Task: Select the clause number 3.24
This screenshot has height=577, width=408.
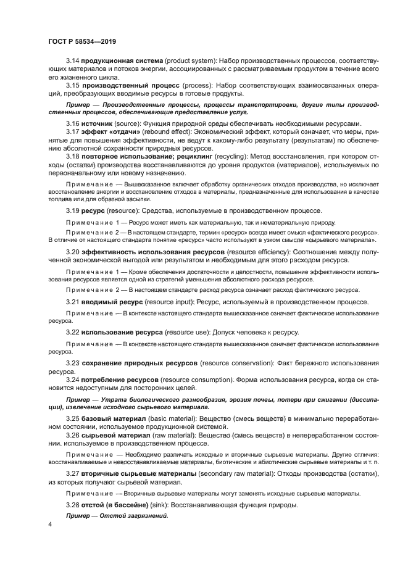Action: click(x=73, y=378)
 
